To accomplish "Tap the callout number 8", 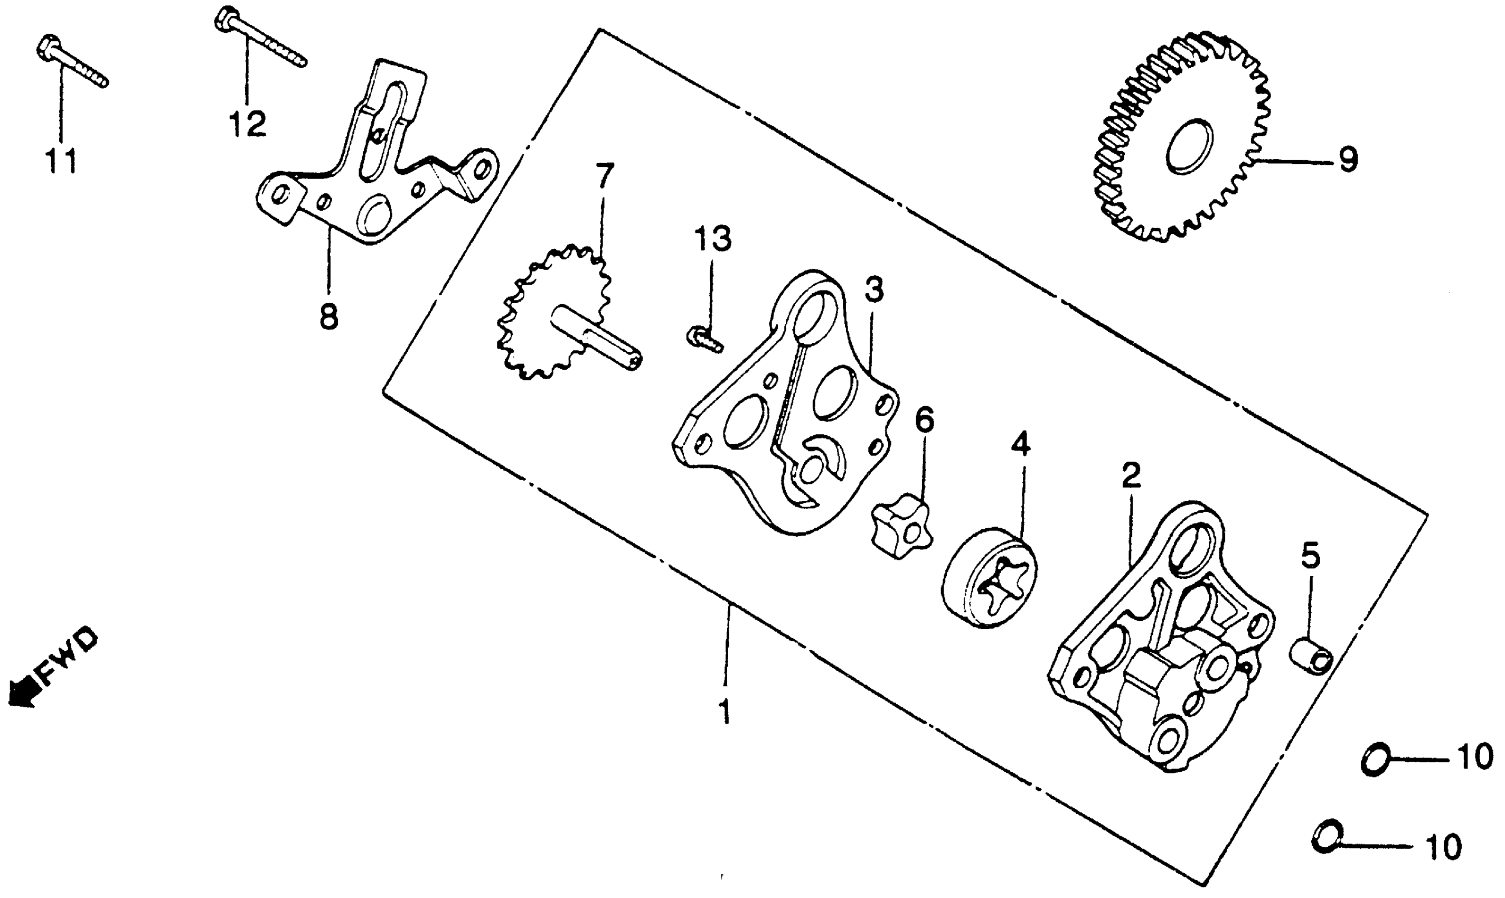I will click(x=329, y=316).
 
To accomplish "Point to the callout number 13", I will click(x=712, y=239).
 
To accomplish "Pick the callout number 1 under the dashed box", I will click(x=724, y=712).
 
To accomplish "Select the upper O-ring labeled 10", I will click(x=1376, y=760).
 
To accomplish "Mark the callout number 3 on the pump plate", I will click(x=873, y=291).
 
